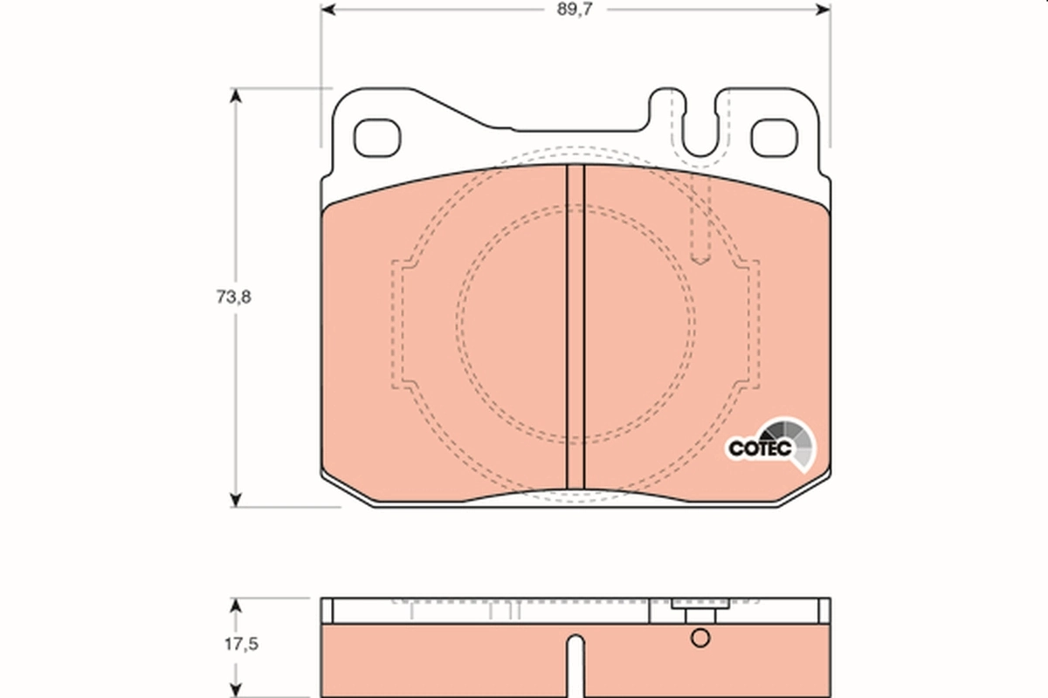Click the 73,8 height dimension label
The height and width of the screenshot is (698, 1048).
(233, 297)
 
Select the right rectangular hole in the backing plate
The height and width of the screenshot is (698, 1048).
(774, 137)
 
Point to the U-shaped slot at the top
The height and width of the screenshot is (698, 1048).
(700, 131)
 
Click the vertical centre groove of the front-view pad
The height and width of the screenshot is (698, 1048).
(575, 327)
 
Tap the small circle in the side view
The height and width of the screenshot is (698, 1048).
(700, 639)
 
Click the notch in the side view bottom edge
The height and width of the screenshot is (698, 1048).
(574, 663)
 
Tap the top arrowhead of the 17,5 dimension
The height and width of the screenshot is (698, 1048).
(234, 604)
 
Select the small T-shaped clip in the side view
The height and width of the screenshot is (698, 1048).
(694, 610)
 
